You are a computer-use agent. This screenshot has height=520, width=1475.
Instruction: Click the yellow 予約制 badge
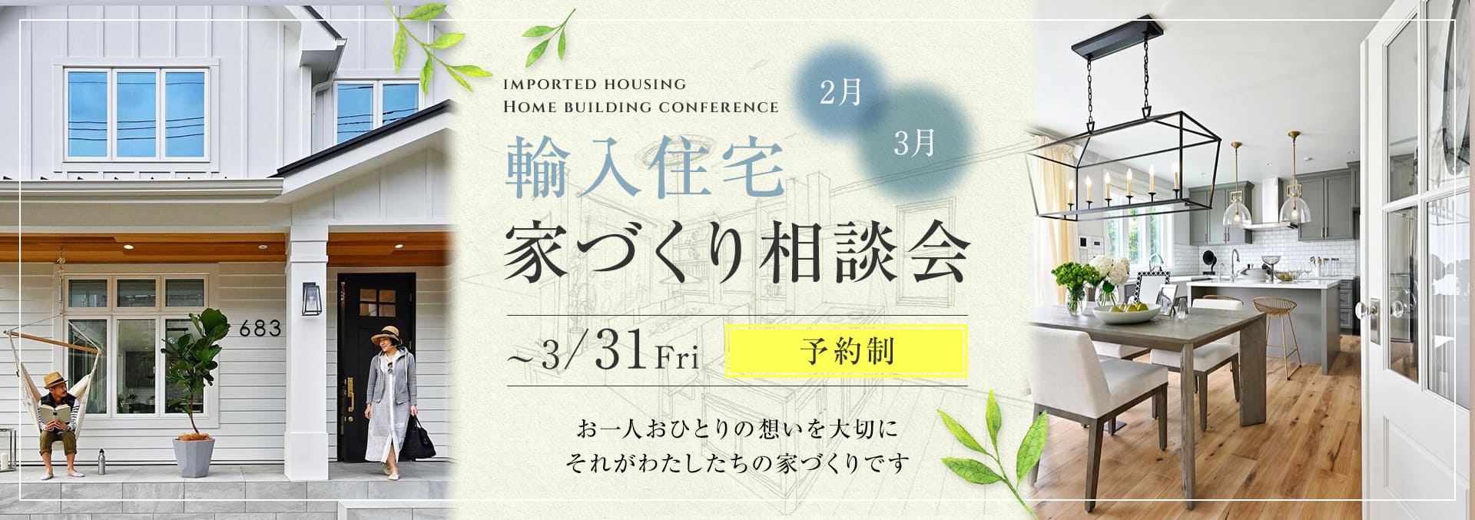[x=846, y=352]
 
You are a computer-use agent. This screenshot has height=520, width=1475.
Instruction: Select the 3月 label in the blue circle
[x=914, y=143]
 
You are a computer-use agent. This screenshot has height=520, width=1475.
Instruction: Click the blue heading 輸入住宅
[x=645, y=175]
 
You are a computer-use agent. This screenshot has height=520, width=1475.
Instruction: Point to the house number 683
[x=260, y=329]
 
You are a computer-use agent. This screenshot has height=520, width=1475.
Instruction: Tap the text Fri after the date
[x=677, y=359]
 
